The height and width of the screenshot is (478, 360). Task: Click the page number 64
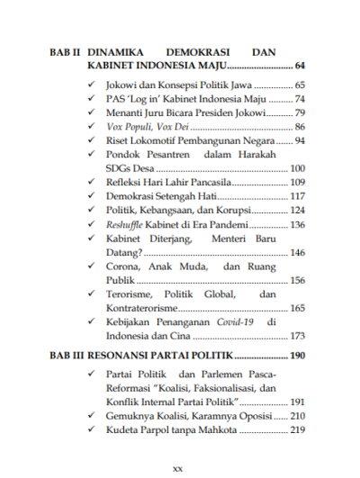point(301,67)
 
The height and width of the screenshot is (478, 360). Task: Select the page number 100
point(298,168)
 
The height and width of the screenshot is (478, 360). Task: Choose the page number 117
point(298,196)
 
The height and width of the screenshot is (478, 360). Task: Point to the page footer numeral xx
point(177,469)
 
